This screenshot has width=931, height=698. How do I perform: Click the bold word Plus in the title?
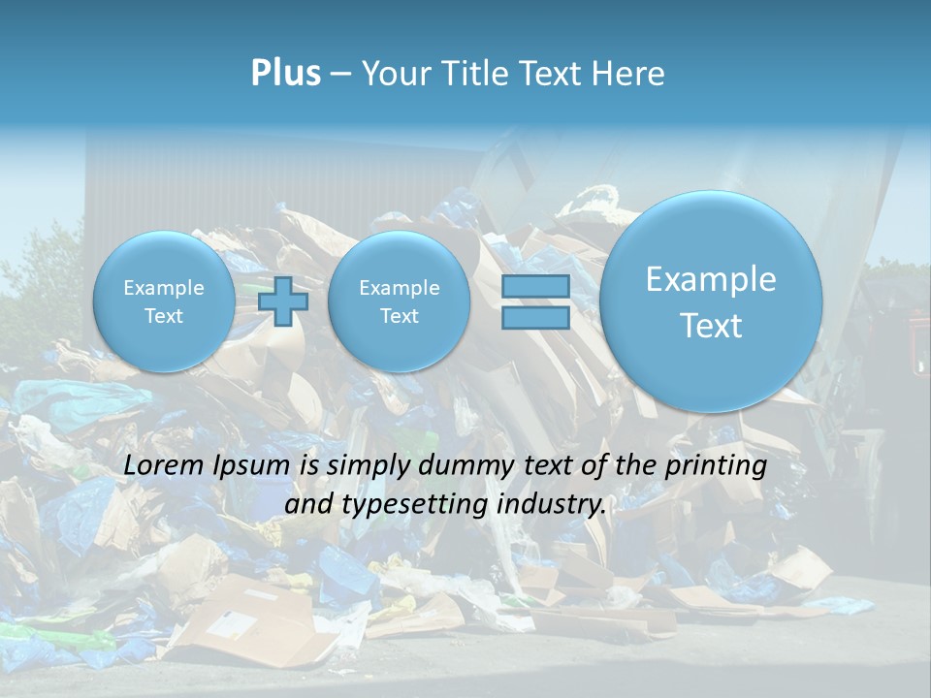[x=285, y=74]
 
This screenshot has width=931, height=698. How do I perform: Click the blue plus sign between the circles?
[x=283, y=301]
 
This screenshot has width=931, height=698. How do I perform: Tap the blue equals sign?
[x=535, y=301]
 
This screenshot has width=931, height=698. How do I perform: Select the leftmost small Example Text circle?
[x=164, y=301]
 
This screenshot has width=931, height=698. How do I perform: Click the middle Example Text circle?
[x=399, y=301]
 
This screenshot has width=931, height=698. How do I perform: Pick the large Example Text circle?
[x=711, y=301]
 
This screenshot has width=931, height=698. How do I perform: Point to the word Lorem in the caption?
[x=163, y=466]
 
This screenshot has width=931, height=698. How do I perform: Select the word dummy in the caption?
[x=461, y=466]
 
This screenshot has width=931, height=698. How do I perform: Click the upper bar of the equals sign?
[x=535, y=287]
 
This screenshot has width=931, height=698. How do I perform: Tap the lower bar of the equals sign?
[x=535, y=317]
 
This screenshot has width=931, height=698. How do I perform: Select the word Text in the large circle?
[x=711, y=326]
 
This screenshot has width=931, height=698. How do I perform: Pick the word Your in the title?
[x=392, y=74]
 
